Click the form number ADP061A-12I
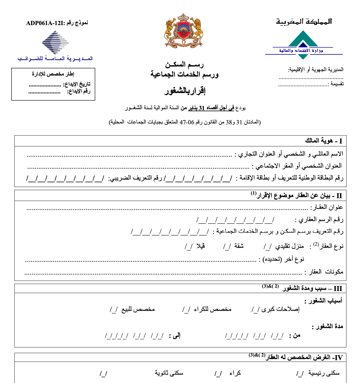[45, 23]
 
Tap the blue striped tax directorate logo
[55, 42]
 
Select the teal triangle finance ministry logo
[303, 45]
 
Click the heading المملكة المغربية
[304, 21]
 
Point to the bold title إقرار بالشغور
[185, 91]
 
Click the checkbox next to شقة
[227, 246]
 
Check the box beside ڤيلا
[189, 246]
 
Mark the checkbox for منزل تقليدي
[267, 246]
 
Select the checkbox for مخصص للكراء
[186, 310]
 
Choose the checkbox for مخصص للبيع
[114, 310]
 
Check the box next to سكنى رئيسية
[300, 374]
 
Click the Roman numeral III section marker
[337, 289]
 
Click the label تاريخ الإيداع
[77, 84]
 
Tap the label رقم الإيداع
[79, 91]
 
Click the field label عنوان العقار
[327, 207]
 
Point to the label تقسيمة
[337, 84]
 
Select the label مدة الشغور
[327, 326]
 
